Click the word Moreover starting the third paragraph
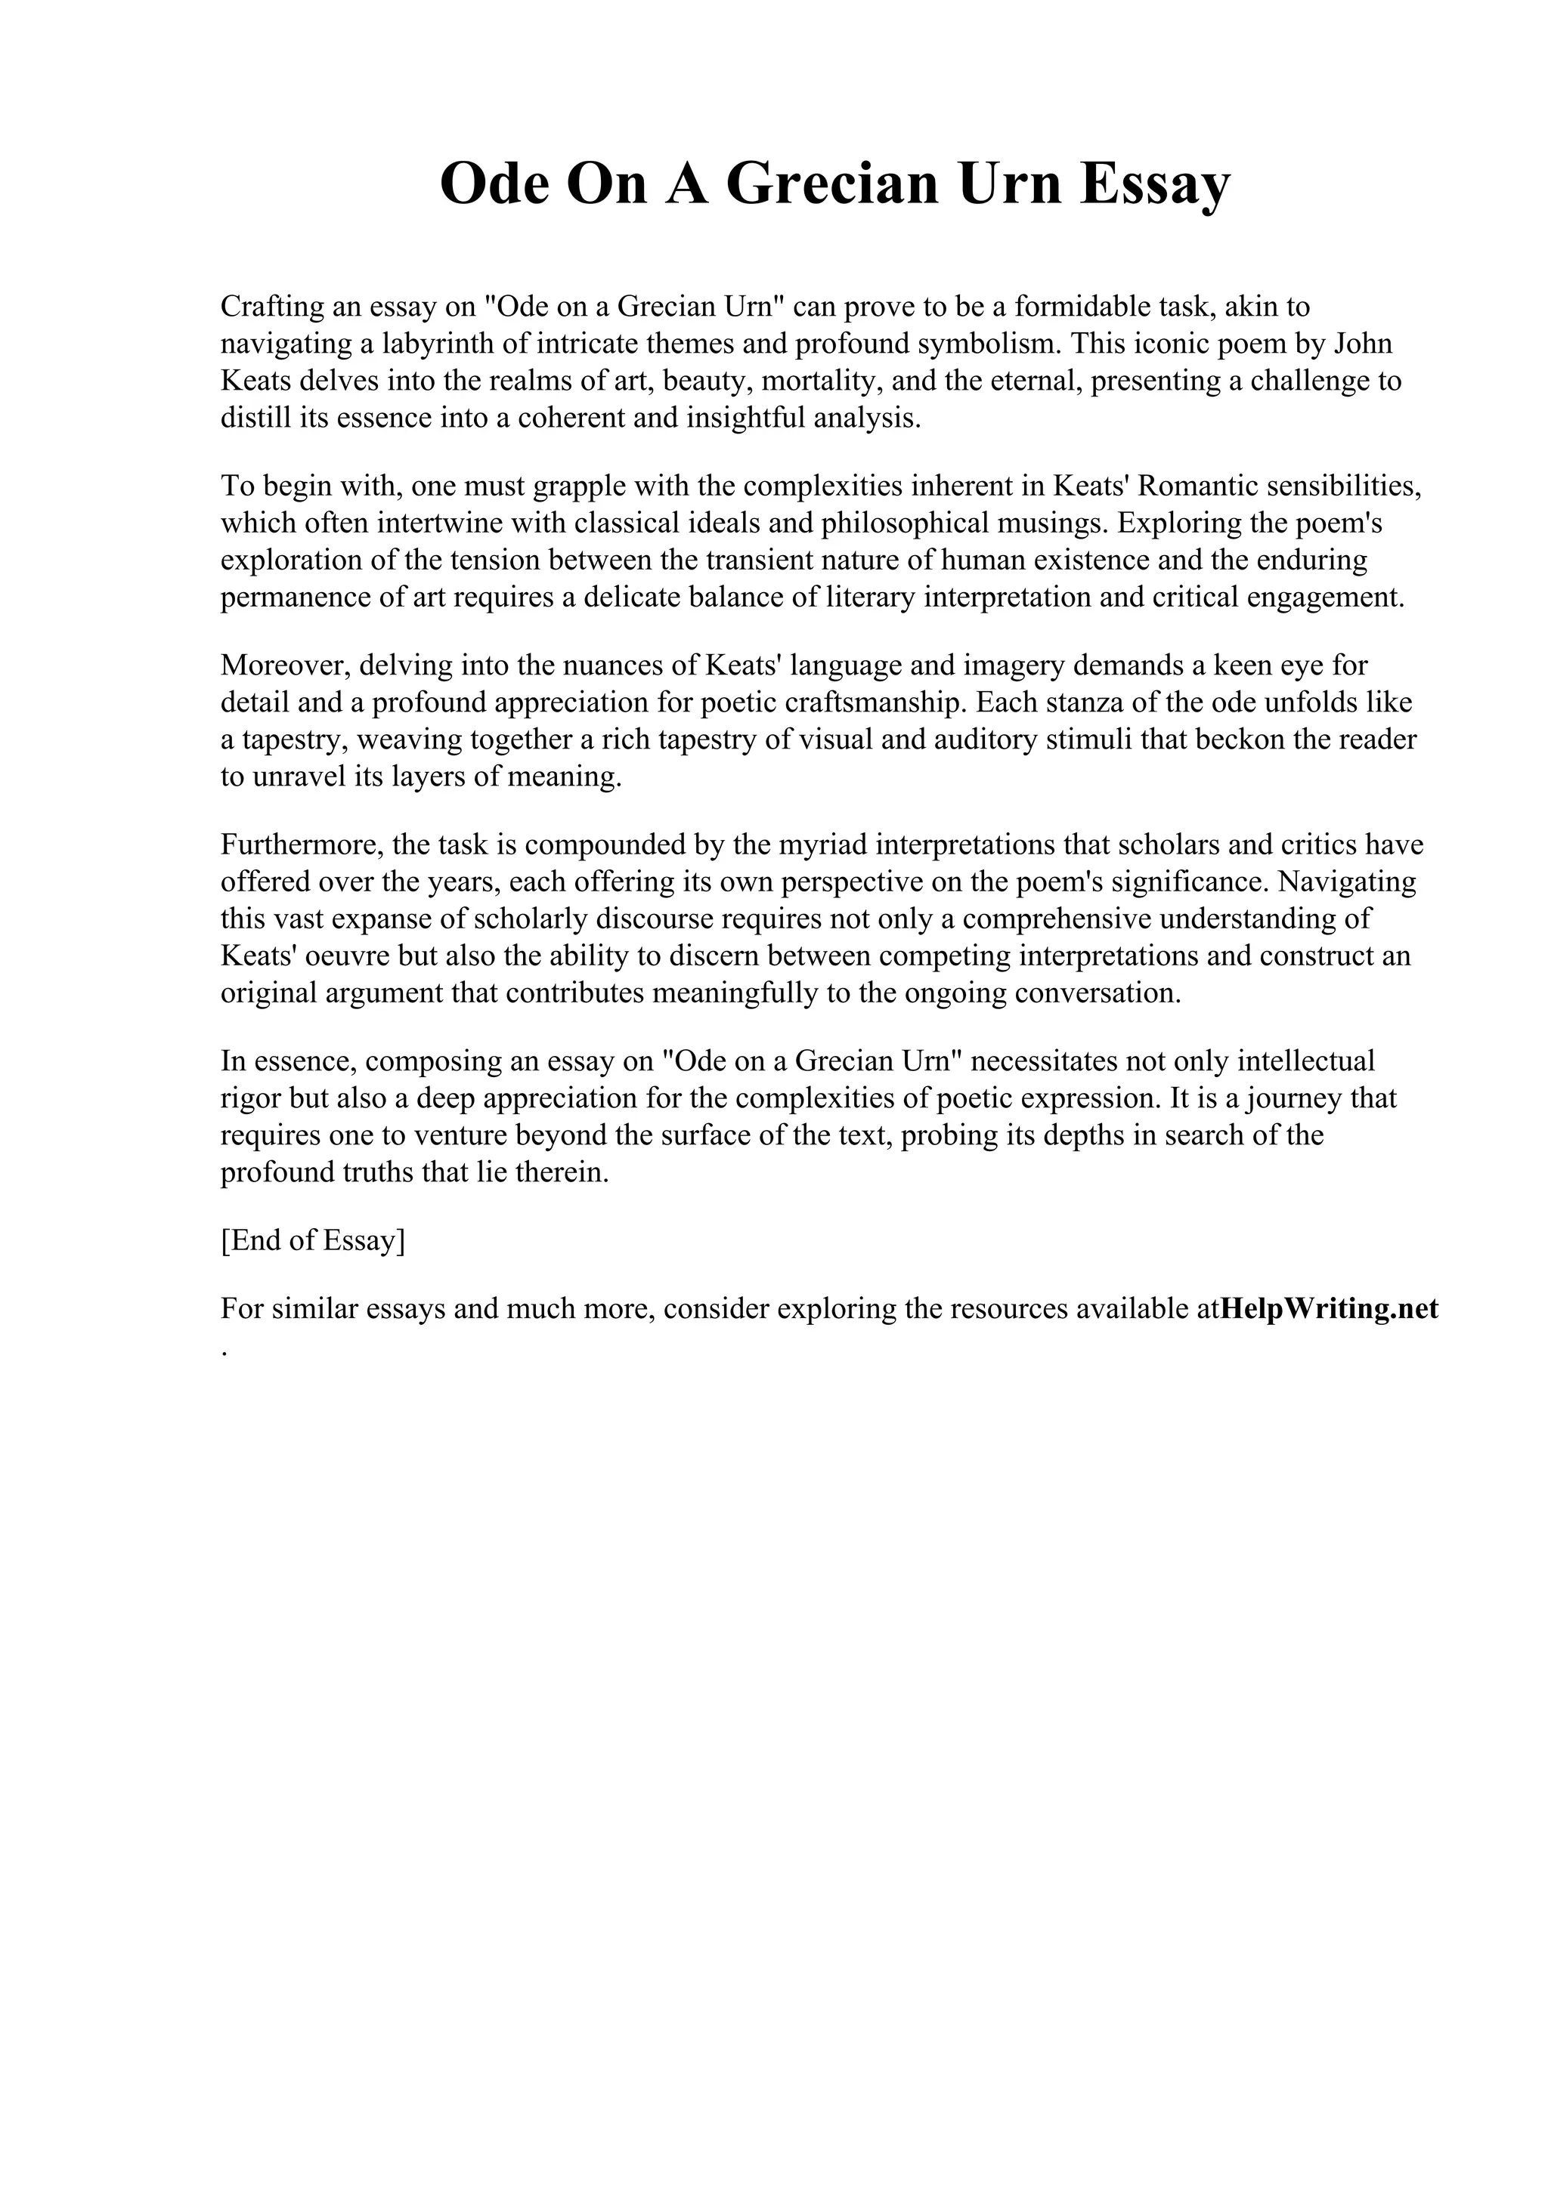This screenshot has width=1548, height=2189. pyautogui.click(x=284, y=665)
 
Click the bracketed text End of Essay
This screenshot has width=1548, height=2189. pyautogui.click(x=313, y=1240)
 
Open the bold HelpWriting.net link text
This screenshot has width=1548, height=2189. pyautogui.click(x=1329, y=1308)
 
